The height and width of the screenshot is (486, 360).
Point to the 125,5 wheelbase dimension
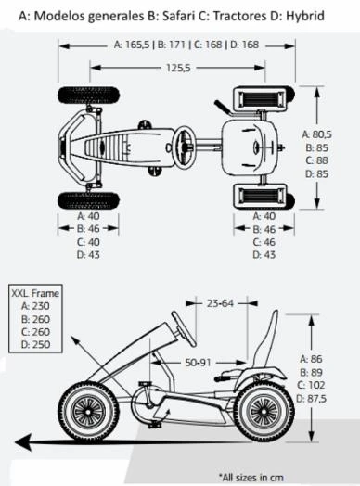(x=167, y=67)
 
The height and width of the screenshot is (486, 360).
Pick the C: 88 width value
(x=316, y=160)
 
